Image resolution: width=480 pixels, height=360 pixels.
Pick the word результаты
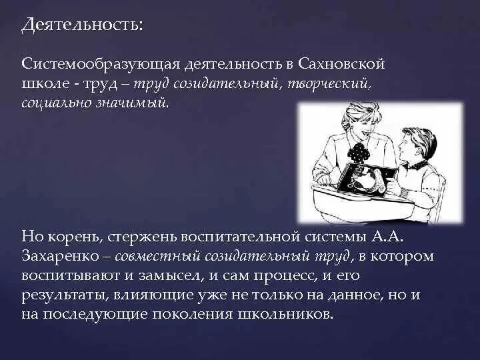click(61, 293)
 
